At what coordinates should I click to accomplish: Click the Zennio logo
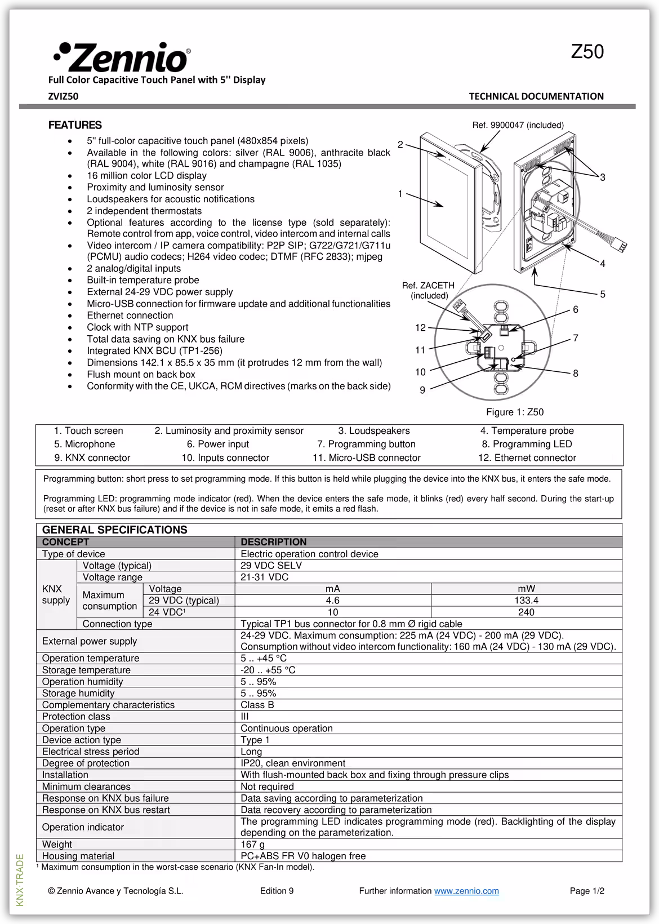tap(122, 56)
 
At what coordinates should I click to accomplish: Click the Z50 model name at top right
tap(587, 52)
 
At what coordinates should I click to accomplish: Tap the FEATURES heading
tap(75, 125)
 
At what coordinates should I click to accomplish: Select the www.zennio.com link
tap(466, 891)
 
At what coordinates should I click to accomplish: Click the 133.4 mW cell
tap(526, 601)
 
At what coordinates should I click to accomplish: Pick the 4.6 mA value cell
tap(332, 601)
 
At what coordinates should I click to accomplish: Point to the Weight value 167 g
tap(252, 844)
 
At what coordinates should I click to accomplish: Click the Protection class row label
tap(76, 717)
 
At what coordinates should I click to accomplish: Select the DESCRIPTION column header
tap(274, 542)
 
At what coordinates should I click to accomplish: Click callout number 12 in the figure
tap(420, 327)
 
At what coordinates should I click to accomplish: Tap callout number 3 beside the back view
tap(602, 177)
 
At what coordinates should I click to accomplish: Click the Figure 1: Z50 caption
tap(515, 412)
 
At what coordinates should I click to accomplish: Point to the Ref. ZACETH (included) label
tap(428, 290)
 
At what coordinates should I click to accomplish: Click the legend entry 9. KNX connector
tap(92, 458)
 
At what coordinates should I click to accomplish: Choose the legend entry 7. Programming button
tap(366, 444)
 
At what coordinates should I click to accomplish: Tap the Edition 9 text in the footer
tap(277, 891)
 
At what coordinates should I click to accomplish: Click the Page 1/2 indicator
tap(587, 891)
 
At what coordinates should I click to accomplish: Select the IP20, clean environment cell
tap(293, 763)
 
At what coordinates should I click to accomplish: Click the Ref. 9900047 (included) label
tap(518, 125)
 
